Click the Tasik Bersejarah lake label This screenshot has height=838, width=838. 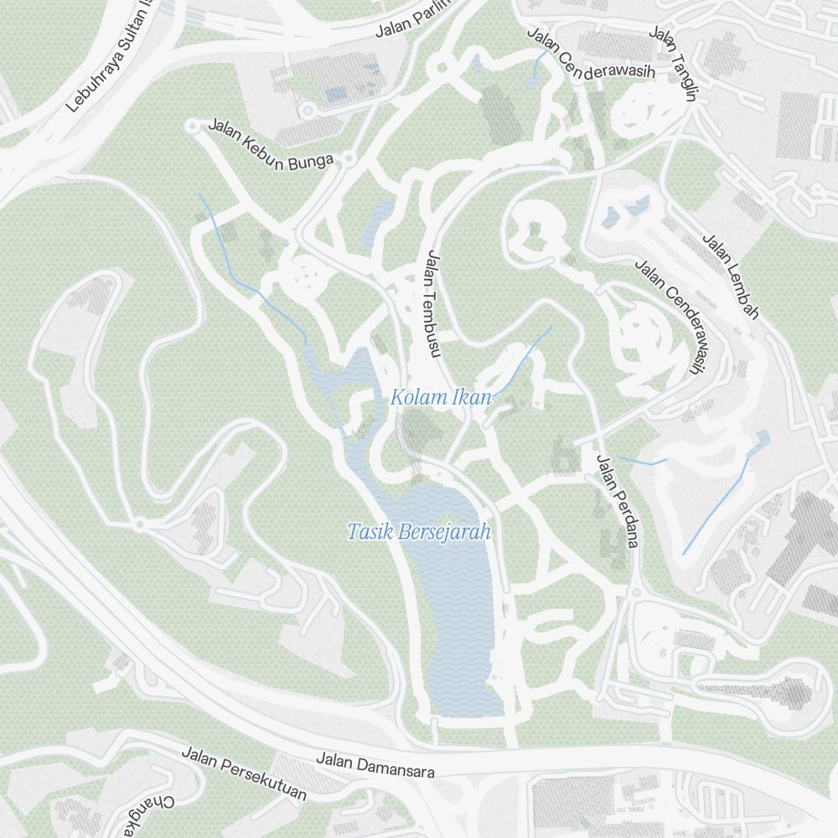[418, 532]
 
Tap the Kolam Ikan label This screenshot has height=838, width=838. [440, 397]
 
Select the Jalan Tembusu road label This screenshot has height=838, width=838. [432, 303]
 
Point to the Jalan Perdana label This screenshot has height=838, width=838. [617, 500]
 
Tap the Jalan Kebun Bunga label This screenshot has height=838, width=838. [271, 142]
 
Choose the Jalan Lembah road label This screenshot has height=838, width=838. [730, 277]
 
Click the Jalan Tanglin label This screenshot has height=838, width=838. [674, 64]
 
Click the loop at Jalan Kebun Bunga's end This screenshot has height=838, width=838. [193, 127]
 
